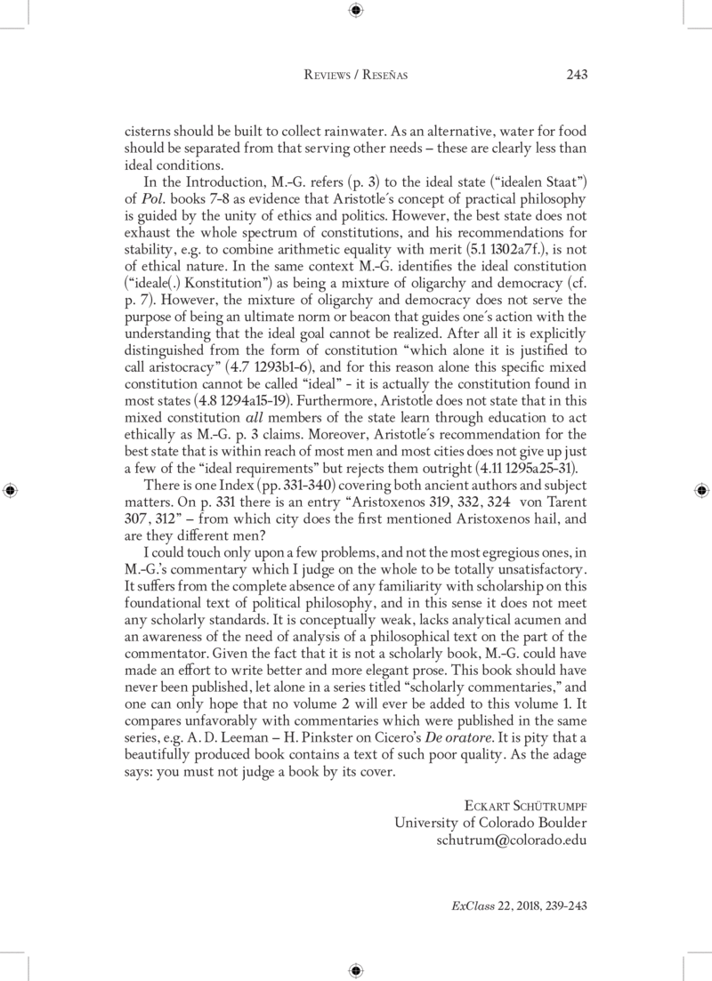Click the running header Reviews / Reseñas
coord(356,76)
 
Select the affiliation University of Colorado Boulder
coord(490,822)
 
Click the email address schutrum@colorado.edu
coord(511,839)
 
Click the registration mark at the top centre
coord(356,10)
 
